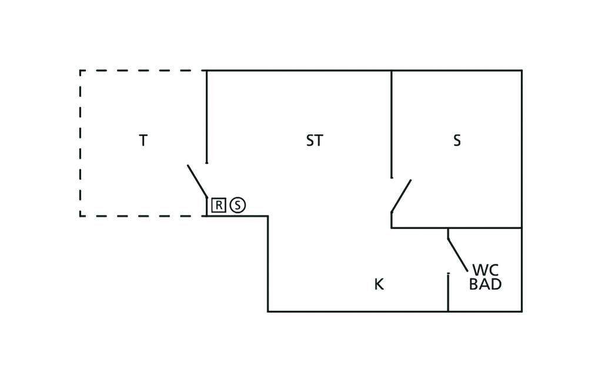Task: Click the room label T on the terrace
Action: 143,141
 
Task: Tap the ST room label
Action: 315,141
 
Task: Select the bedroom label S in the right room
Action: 457,141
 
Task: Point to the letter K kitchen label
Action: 379,285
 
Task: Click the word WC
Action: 486,270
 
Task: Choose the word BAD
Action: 486,285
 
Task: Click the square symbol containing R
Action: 218,205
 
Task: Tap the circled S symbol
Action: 238,205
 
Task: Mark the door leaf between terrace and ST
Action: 198,182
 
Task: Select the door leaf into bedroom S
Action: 401,196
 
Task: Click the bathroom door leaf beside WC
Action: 457,253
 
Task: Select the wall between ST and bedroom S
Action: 392,123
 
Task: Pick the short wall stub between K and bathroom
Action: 448,292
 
